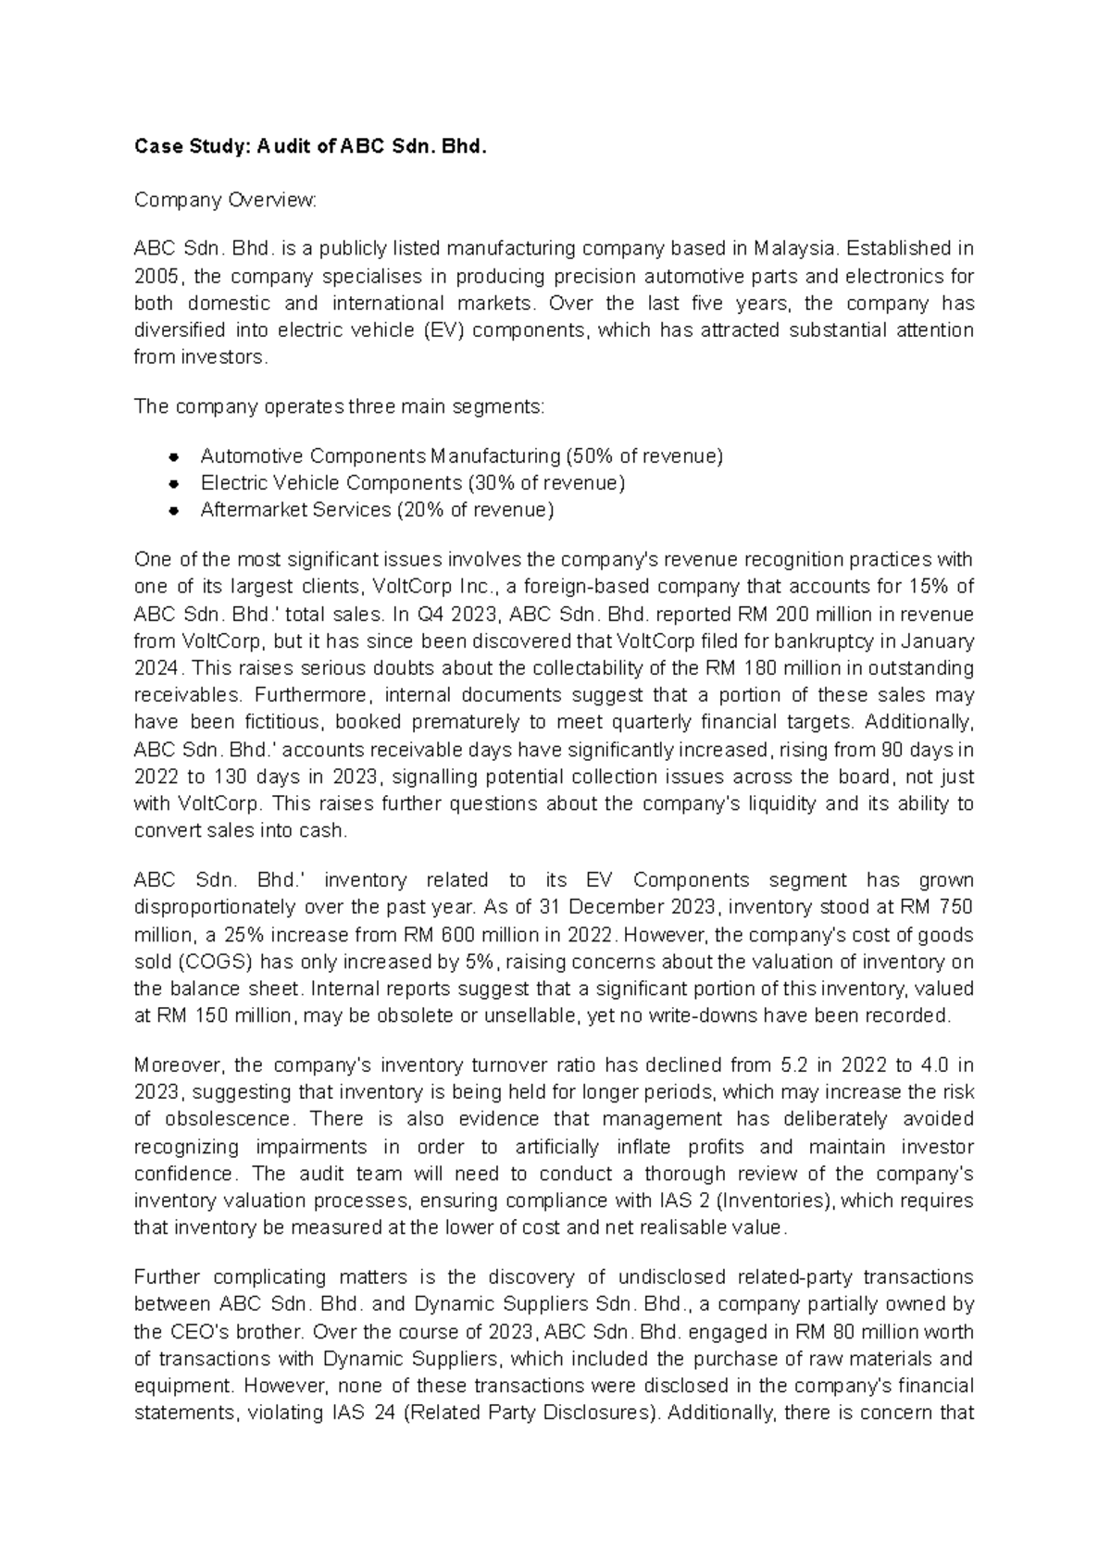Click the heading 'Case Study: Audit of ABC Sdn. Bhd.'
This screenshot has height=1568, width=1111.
309,146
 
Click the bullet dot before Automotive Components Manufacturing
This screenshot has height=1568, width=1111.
173,457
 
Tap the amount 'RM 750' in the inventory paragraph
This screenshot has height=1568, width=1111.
940,907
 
